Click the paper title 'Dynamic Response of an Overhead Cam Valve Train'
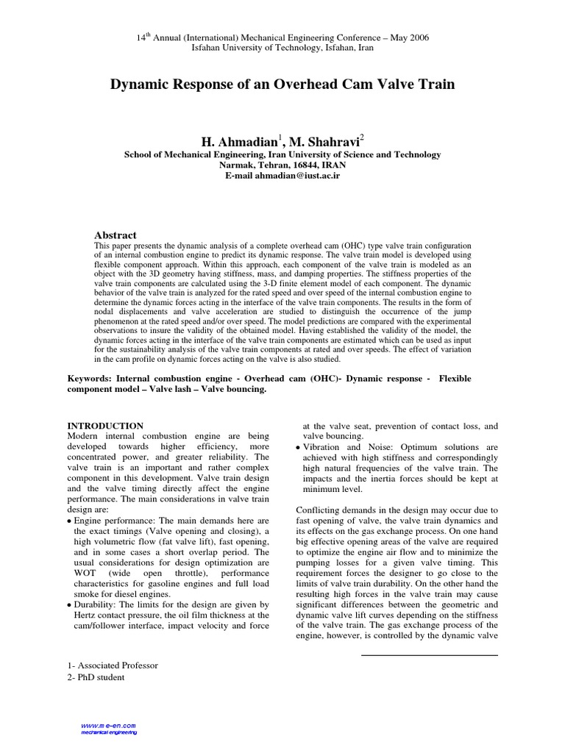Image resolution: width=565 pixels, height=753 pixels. coord(282,85)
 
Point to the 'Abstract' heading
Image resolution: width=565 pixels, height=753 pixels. coord(116,235)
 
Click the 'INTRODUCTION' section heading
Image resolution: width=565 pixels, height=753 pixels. coord(105,426)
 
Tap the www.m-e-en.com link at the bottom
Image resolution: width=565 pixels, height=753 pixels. coord(110,725)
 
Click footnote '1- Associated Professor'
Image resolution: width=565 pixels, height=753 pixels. coord(113,665)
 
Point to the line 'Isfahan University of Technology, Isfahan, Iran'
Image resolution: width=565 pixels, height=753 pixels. coord(282,47)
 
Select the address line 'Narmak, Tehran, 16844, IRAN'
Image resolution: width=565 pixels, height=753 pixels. coord(282,165)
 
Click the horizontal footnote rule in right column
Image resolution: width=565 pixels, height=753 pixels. coord(430,654)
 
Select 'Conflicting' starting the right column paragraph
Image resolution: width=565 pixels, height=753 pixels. coord(319,510)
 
